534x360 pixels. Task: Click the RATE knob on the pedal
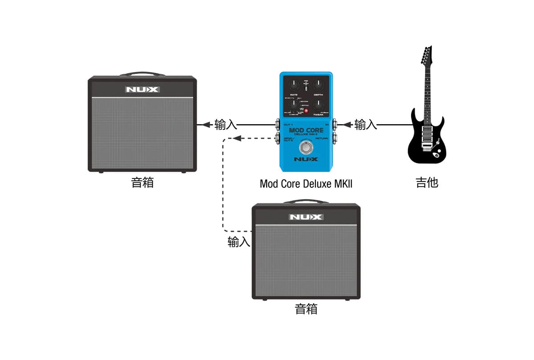(294, 85)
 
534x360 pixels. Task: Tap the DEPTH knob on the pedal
(318, 85)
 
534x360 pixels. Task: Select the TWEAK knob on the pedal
(318, 105)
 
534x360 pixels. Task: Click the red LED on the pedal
(306, 111)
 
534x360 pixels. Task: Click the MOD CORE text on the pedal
(306, 130)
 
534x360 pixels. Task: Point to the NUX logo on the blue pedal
(306, 159)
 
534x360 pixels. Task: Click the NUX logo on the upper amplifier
(142, 89)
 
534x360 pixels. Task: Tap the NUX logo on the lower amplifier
(306, 217)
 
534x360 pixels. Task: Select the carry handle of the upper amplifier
(142, 74)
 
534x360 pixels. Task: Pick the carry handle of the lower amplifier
(306, 202)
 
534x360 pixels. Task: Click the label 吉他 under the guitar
(427, 182)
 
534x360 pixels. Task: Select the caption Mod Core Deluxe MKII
(306, 183)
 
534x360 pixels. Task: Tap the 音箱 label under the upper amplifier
(142, 182)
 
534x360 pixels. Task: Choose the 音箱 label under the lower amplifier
(306, 309)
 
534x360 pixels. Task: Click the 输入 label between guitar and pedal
(365, 125)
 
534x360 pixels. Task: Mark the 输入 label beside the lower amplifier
(239, 242)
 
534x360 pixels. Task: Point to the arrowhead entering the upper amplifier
(205, 125)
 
